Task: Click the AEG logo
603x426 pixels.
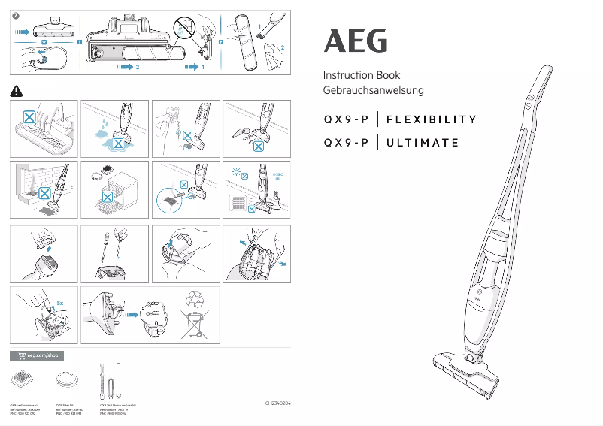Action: [x=356, y=41]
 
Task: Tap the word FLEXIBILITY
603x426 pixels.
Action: [x=432, y=119]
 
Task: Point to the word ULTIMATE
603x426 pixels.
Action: [x=423, y=143]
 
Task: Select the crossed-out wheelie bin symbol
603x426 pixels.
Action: [x=195, y=328]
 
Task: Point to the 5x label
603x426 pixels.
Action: [x=59, y=305]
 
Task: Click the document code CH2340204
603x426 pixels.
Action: [x=277, y=404]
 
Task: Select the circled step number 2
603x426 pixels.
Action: [x=16, y=17]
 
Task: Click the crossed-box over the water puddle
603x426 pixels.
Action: [x=117, y=142]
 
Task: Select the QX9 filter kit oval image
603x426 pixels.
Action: [x=68, y=379]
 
